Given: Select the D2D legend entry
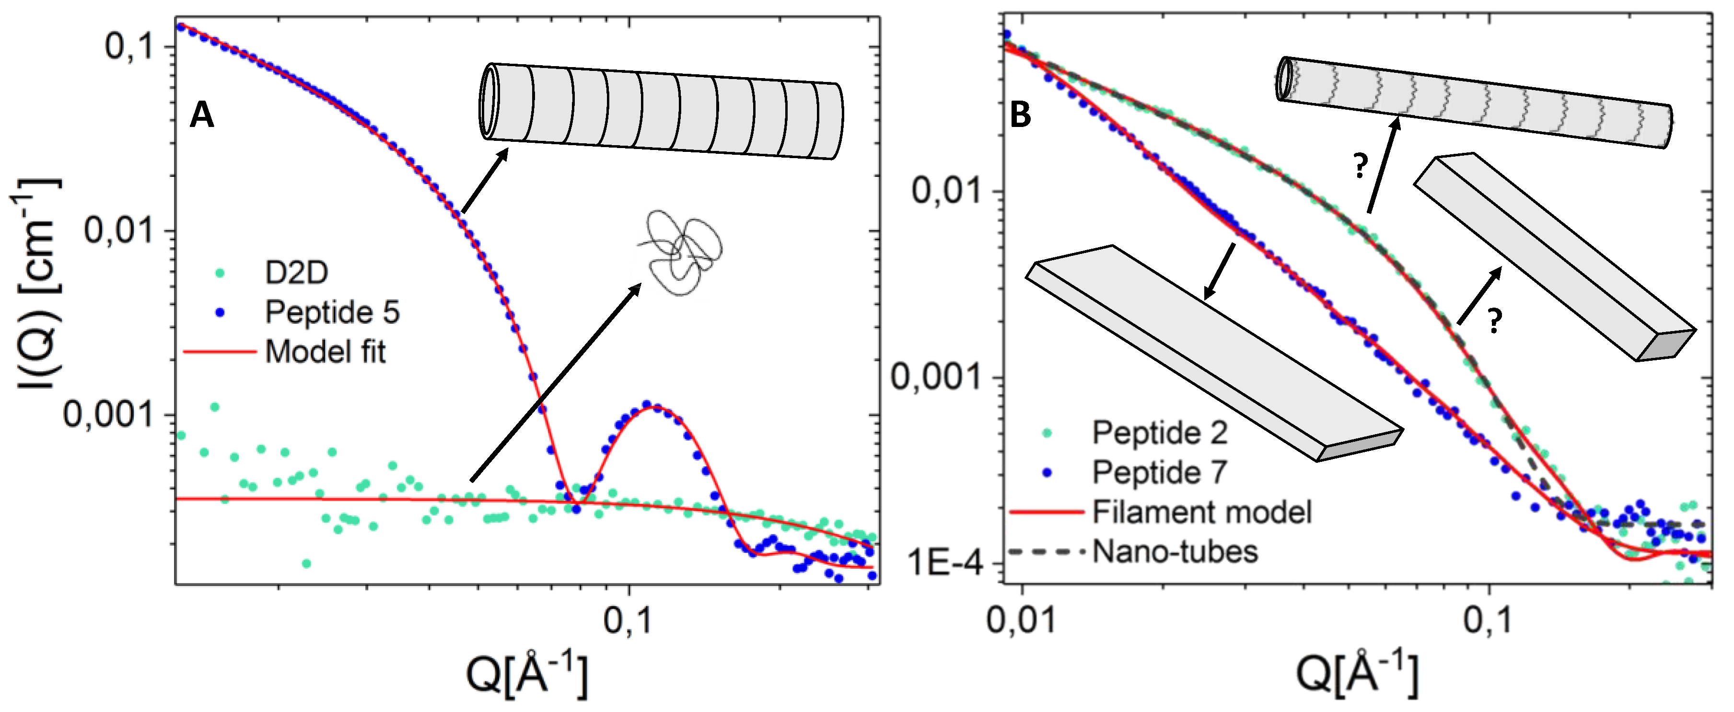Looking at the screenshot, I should (x=296, y=273).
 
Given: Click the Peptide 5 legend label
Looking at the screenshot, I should (x=332, y=312).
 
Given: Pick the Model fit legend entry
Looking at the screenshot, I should (x=325, y=352).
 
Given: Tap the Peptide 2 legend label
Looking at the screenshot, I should (x=1159, y=433).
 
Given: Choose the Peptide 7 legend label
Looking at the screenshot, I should (x=1159, y=472).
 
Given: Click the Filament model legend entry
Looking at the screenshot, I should (x=1201, y=512).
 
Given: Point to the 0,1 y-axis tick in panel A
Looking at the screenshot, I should (x=129, y=46).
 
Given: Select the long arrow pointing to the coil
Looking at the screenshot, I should (x=555, y=382).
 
